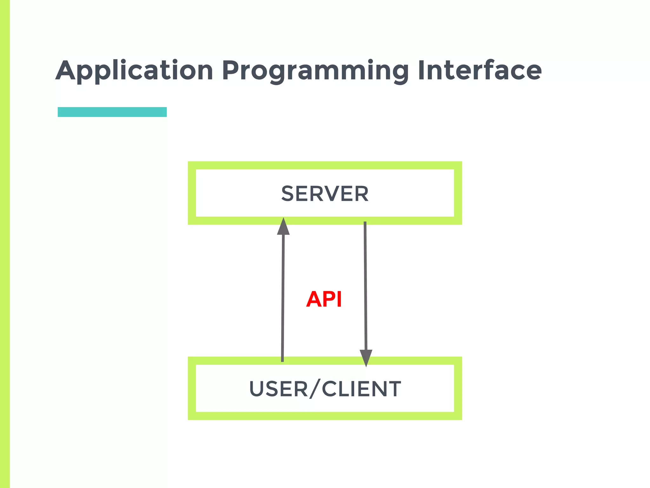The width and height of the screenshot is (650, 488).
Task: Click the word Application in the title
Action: click(134, 71)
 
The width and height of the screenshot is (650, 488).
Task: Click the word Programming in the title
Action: click(315, 71)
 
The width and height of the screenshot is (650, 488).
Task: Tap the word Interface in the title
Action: click(480, 71)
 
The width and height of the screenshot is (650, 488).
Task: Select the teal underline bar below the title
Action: click(112, 112)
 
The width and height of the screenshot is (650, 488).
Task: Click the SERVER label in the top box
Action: click(325, 193)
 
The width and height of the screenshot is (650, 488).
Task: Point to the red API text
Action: click(324, 299)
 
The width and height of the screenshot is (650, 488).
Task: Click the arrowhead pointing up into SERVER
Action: click(283, 227)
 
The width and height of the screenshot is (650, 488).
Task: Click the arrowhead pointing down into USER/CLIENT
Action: click(366, 357)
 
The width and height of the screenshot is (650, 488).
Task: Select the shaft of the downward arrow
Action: click(365, 286)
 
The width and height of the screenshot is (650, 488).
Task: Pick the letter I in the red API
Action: click(339, 299)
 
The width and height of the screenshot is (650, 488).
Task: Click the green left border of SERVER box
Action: click(192, 193)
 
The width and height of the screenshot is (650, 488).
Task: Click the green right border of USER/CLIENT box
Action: click(458, 388)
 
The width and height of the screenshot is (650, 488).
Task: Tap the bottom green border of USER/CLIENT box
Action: click(325, 416)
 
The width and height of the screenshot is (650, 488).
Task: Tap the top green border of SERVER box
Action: click(325, 165)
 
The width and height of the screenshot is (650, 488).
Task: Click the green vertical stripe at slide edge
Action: click(5, 244)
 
